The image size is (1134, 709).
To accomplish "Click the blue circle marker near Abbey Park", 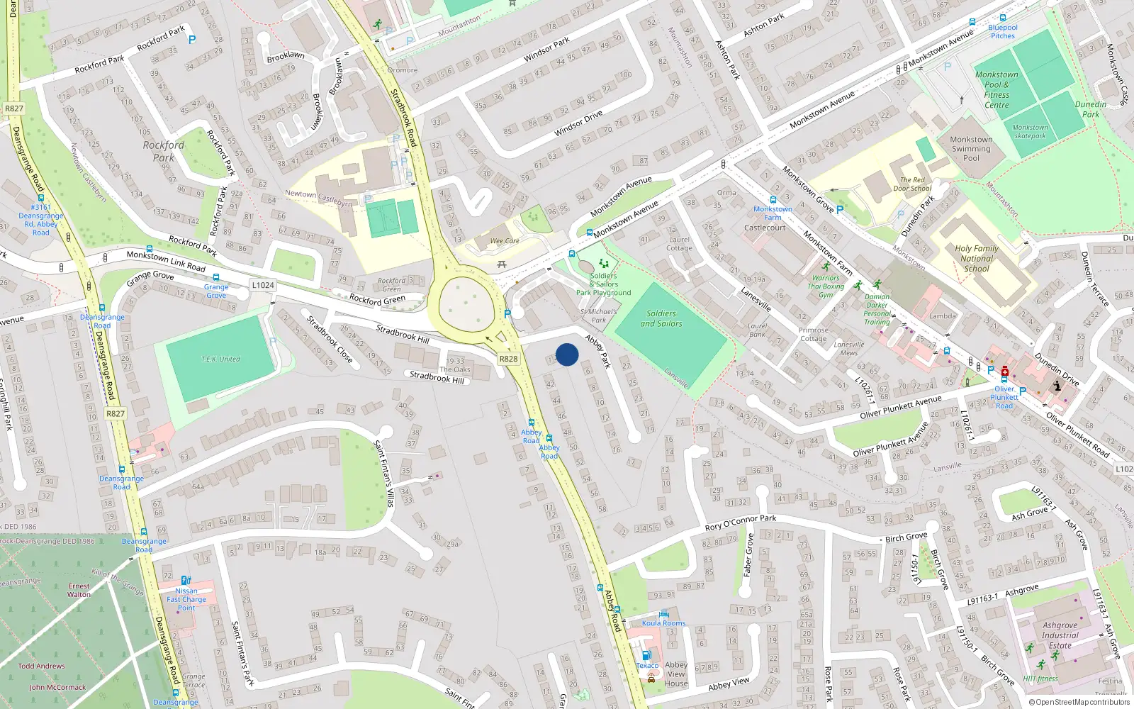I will pos(567,354).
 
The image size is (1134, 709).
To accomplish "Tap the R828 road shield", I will pos(508,359).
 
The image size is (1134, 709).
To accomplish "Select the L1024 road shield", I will pos(262,285).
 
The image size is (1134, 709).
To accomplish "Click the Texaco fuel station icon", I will pos(646,656).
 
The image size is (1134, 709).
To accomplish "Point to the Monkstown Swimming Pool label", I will pos(971,149).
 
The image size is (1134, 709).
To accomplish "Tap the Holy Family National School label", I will pos(977,258).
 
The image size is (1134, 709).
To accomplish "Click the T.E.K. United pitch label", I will pos(220,359).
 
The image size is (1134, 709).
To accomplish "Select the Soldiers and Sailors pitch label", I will pos(661,318).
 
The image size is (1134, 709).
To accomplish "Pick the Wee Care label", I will pos(505,241).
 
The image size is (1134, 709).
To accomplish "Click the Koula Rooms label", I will pos(663,623).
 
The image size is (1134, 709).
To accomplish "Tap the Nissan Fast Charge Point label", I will pos(186,599).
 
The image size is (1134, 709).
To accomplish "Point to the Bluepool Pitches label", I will pos(1002,32).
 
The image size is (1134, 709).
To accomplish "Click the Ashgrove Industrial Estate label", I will pos(1060,635).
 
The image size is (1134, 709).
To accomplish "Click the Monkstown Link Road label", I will pos(166,261).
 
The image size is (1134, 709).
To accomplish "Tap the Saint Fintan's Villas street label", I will pos(384,473).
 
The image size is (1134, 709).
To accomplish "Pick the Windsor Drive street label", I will pos(578,123).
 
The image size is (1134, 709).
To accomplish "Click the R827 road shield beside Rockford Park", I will pos(13,108).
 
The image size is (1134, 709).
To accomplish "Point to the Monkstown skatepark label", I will pos(1030,132).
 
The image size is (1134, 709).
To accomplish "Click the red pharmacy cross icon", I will pos(1004,371).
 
